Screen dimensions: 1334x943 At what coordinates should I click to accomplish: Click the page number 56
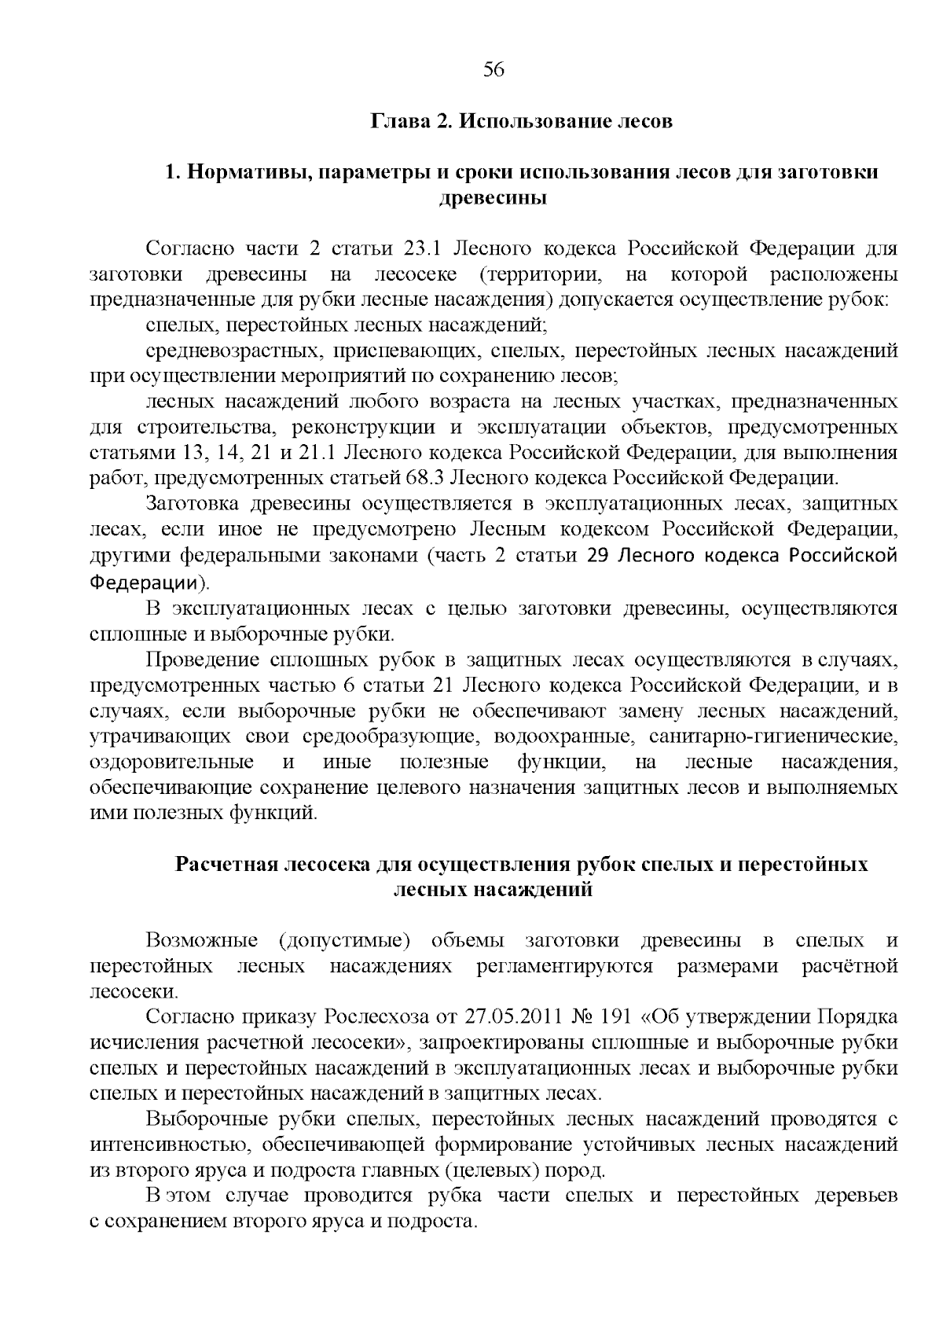pos(493,70)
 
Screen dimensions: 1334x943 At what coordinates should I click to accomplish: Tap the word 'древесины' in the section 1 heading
pos(492,197)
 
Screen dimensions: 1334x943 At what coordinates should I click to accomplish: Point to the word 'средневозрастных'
pos(232,351)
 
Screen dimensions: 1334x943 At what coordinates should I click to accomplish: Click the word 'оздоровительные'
pos(172,762)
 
